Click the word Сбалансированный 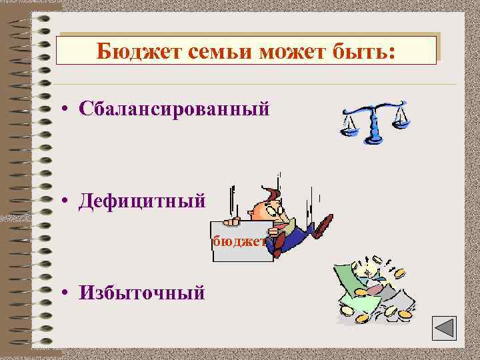click(174, 109)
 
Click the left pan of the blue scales click(349, 126)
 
